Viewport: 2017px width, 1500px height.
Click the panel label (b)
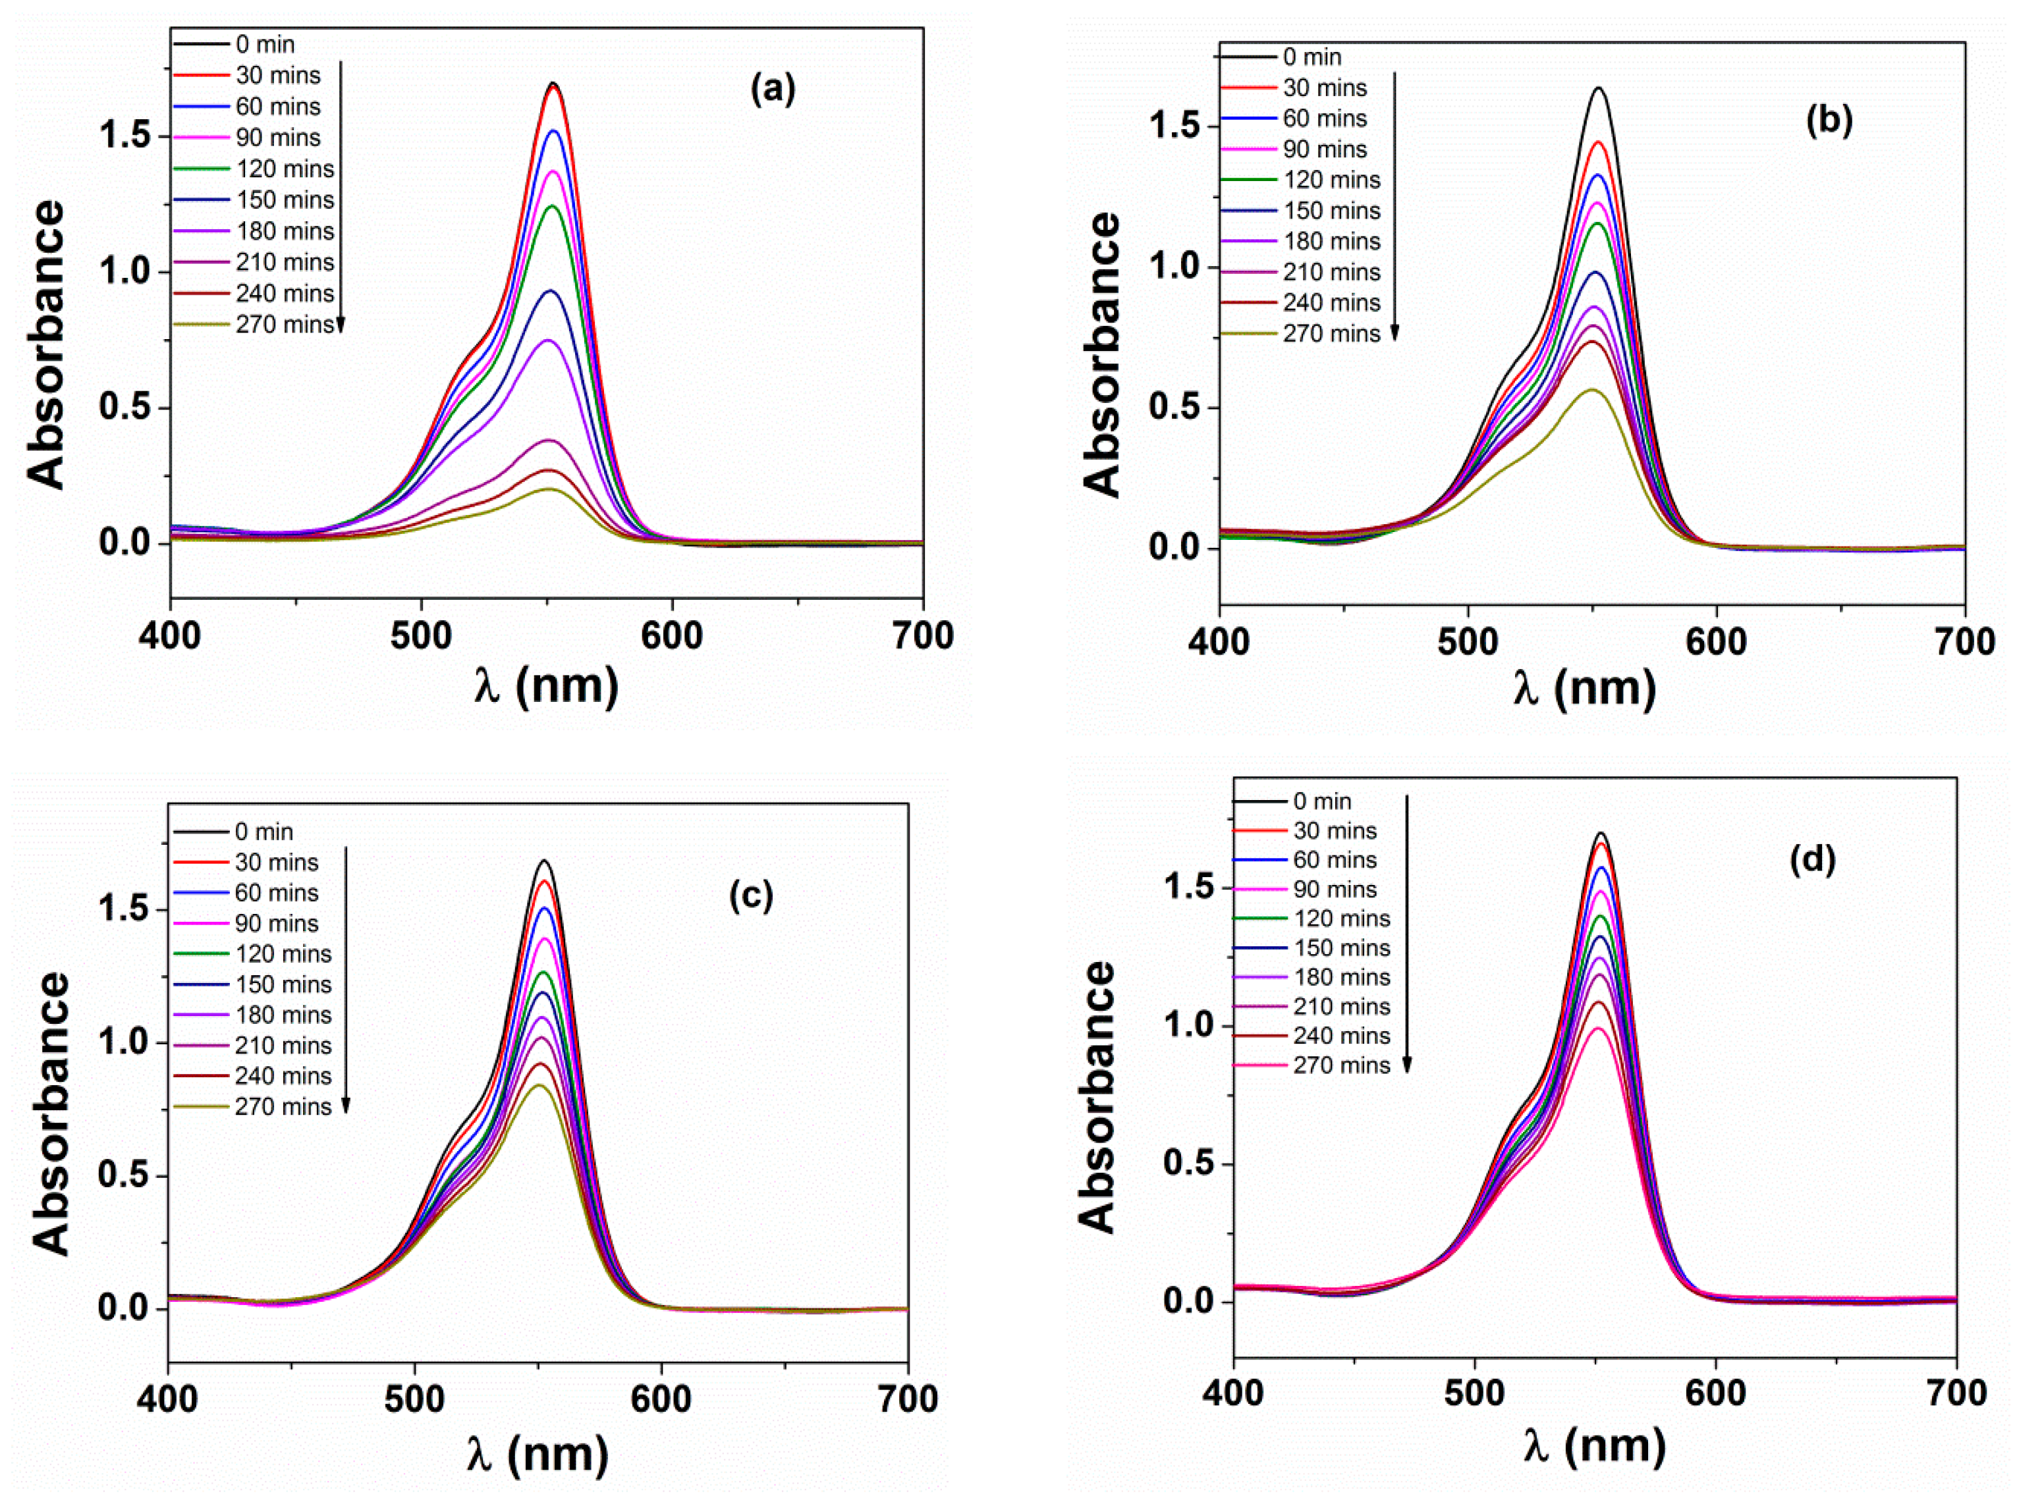tap(1828, 121)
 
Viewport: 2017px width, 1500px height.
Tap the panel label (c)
tap(751, 896)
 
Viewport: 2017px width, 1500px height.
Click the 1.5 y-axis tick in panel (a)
tap(126, 136)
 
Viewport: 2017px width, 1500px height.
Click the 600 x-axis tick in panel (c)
tap(661, 1399)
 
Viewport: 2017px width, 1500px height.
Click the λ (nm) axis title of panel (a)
tap(546, 685)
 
